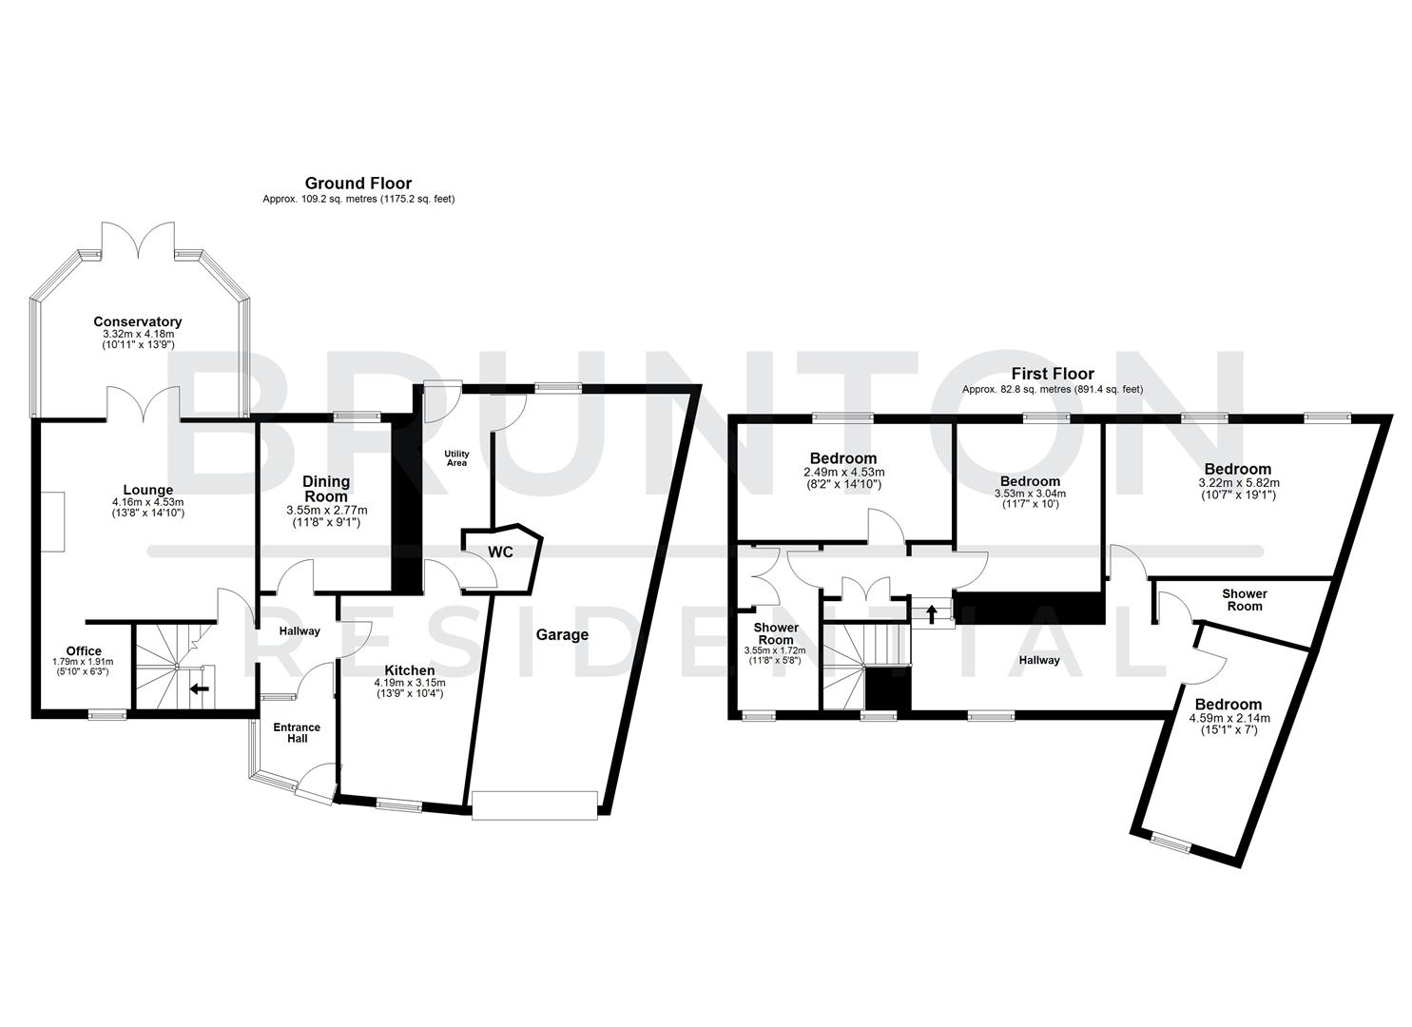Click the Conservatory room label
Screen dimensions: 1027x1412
tap(137, 321)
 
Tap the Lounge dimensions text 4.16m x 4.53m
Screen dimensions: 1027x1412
tap(146, 502)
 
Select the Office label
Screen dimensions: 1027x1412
tap(84, 651)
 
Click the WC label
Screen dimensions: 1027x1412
tap(501, 552)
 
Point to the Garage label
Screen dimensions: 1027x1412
tap(562, 634)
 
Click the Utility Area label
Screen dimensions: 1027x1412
tap(456, 458)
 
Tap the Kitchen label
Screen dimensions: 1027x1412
tap(409, 670)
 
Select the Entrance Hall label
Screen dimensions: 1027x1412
tap(297, 733)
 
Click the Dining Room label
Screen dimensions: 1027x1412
tap(326, 489)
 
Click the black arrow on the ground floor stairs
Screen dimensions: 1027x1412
tap(200, 688)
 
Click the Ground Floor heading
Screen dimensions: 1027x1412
tap(358, 183)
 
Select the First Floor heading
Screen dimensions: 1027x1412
tap(1052, 374)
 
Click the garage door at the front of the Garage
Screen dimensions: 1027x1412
tap(535, 804)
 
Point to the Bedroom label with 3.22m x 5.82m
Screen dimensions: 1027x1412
tap(1237, 469)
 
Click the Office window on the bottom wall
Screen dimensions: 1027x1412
tap(107, 713)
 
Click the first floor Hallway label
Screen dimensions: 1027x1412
tap(1039, 660)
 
